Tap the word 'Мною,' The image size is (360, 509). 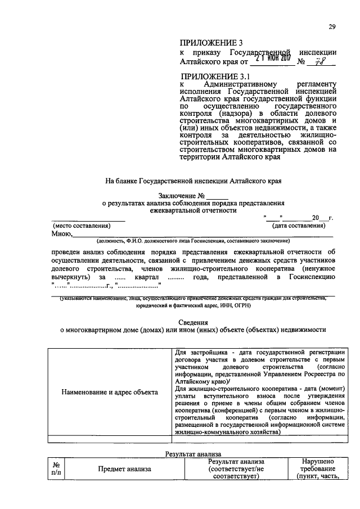click(x=62, y=234)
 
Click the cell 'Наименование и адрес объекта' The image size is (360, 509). click(x=109, y=391)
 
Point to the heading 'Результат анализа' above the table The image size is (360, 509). click(x=193, y=453)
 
